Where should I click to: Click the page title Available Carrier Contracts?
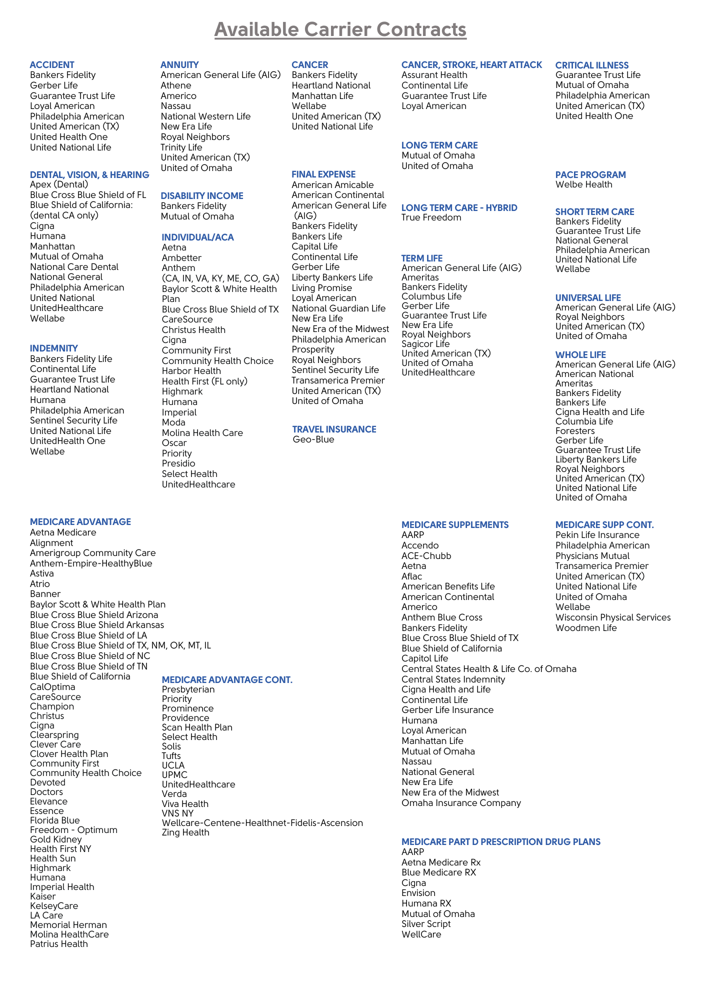click(x=340, y=29)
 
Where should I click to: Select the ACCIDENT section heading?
click(x=52, y=65)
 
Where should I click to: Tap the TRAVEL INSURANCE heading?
click(x=334, y=429)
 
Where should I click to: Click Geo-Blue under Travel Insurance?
click(x=313, y=439)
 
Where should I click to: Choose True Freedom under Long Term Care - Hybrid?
click(x=431, y=217)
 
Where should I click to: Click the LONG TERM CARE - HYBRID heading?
click(x=459, y=208)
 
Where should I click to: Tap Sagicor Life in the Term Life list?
click(x=425, y=344)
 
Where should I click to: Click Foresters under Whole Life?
click(x=575, y=431)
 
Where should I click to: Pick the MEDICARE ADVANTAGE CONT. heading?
click(x=227, y=680)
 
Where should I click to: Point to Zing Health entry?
click(x=185, y=832)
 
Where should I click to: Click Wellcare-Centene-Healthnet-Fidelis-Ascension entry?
click(x=262, y=823)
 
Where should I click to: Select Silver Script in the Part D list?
click(x=426, y=924)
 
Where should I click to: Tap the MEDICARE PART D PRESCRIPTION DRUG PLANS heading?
click(x=501, y=842)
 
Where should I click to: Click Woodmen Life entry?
click(x=586, y=628)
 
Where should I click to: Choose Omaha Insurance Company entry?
click(x=461, y=803)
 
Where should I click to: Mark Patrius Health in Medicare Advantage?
click(x=59, y=944)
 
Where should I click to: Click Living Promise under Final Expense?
click(x=322, y=288)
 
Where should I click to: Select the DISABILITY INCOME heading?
click(x=202, y=196)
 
